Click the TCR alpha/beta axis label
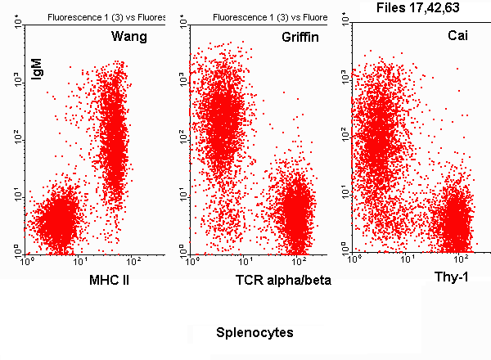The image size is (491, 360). pos(282,281)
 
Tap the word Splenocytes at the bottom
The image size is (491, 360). pos(255,334)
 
